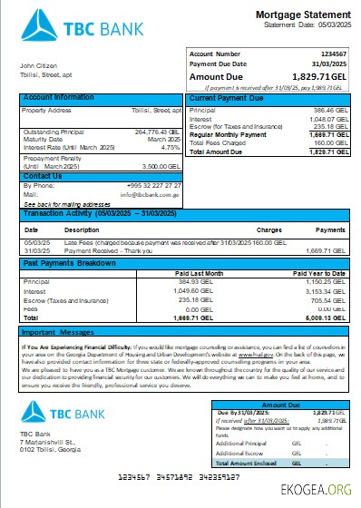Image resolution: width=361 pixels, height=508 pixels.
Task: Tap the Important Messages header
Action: (60, 333)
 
